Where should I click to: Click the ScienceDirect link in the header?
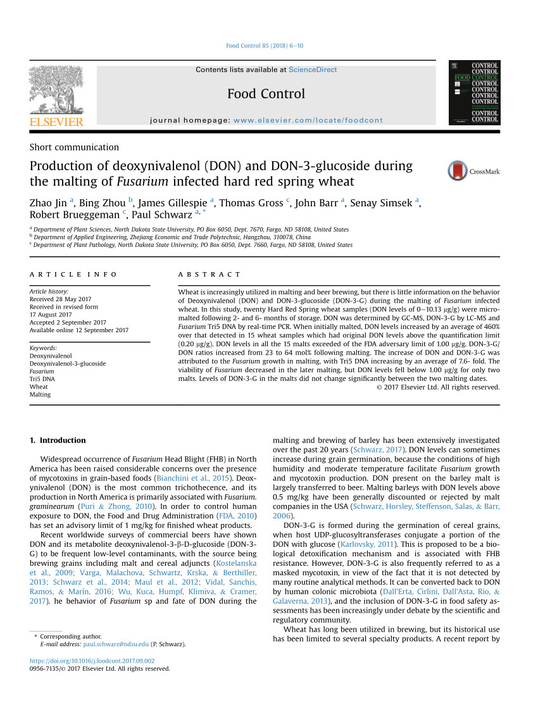313,70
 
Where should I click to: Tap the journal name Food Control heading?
266,94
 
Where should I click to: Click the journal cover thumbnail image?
474,92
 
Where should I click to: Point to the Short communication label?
74,147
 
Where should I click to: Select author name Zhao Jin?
49,203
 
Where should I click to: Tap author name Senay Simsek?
384,203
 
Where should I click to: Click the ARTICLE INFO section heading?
73,275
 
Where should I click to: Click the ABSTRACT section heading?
210,275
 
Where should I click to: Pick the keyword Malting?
40,394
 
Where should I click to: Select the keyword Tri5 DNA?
42,379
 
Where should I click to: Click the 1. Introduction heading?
58,440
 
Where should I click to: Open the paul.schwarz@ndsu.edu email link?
116,644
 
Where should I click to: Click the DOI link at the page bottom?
92,661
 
